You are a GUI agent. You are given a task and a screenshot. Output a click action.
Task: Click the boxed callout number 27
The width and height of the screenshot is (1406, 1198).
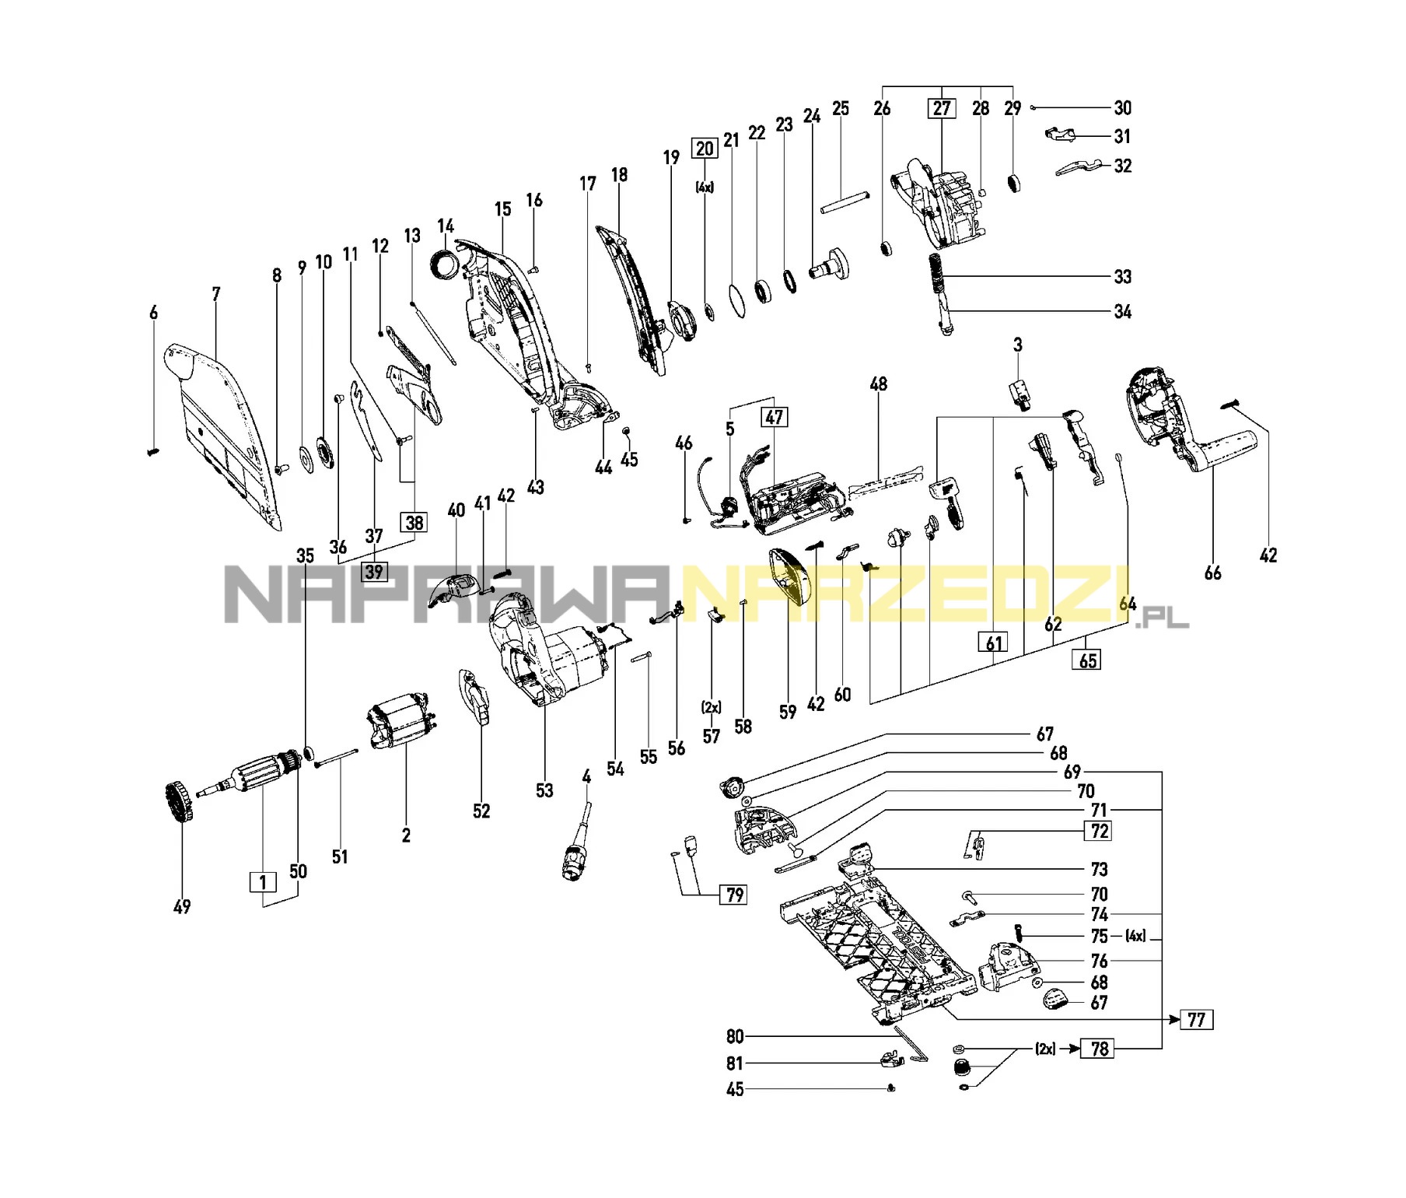941,108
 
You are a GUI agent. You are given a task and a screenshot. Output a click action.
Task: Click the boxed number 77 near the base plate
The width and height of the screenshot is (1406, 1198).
1196,1019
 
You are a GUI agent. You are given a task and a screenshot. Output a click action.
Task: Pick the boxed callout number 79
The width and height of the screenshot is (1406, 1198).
735,895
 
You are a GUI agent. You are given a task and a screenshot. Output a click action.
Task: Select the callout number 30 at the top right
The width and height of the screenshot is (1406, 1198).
1122,108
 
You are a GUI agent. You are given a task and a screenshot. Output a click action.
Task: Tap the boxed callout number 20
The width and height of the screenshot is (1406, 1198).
705,149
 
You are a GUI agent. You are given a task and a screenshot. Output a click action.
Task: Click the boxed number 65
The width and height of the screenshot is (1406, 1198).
1088,660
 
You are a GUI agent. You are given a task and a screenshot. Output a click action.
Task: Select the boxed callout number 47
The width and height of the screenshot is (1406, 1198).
774,417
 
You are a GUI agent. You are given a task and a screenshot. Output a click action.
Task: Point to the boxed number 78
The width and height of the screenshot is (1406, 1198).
1099,1049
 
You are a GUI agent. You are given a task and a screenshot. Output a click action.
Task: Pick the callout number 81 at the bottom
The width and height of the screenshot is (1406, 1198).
735,1063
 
